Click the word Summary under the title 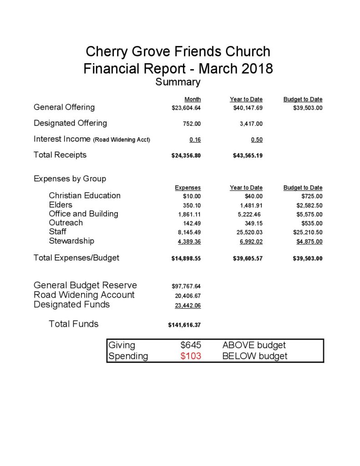point(178,82)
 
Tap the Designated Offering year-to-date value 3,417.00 point(251,124)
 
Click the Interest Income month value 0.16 point(195,140)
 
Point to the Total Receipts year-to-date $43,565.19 point(248,156)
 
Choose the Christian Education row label point(85,196)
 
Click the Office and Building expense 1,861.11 point(189,214)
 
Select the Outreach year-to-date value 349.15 point(254,223)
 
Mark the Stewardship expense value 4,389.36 point(189,241)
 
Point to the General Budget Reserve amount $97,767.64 point(186,286)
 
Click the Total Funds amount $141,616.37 point(184,325)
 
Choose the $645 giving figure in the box point(191,345)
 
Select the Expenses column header point(188,187)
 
